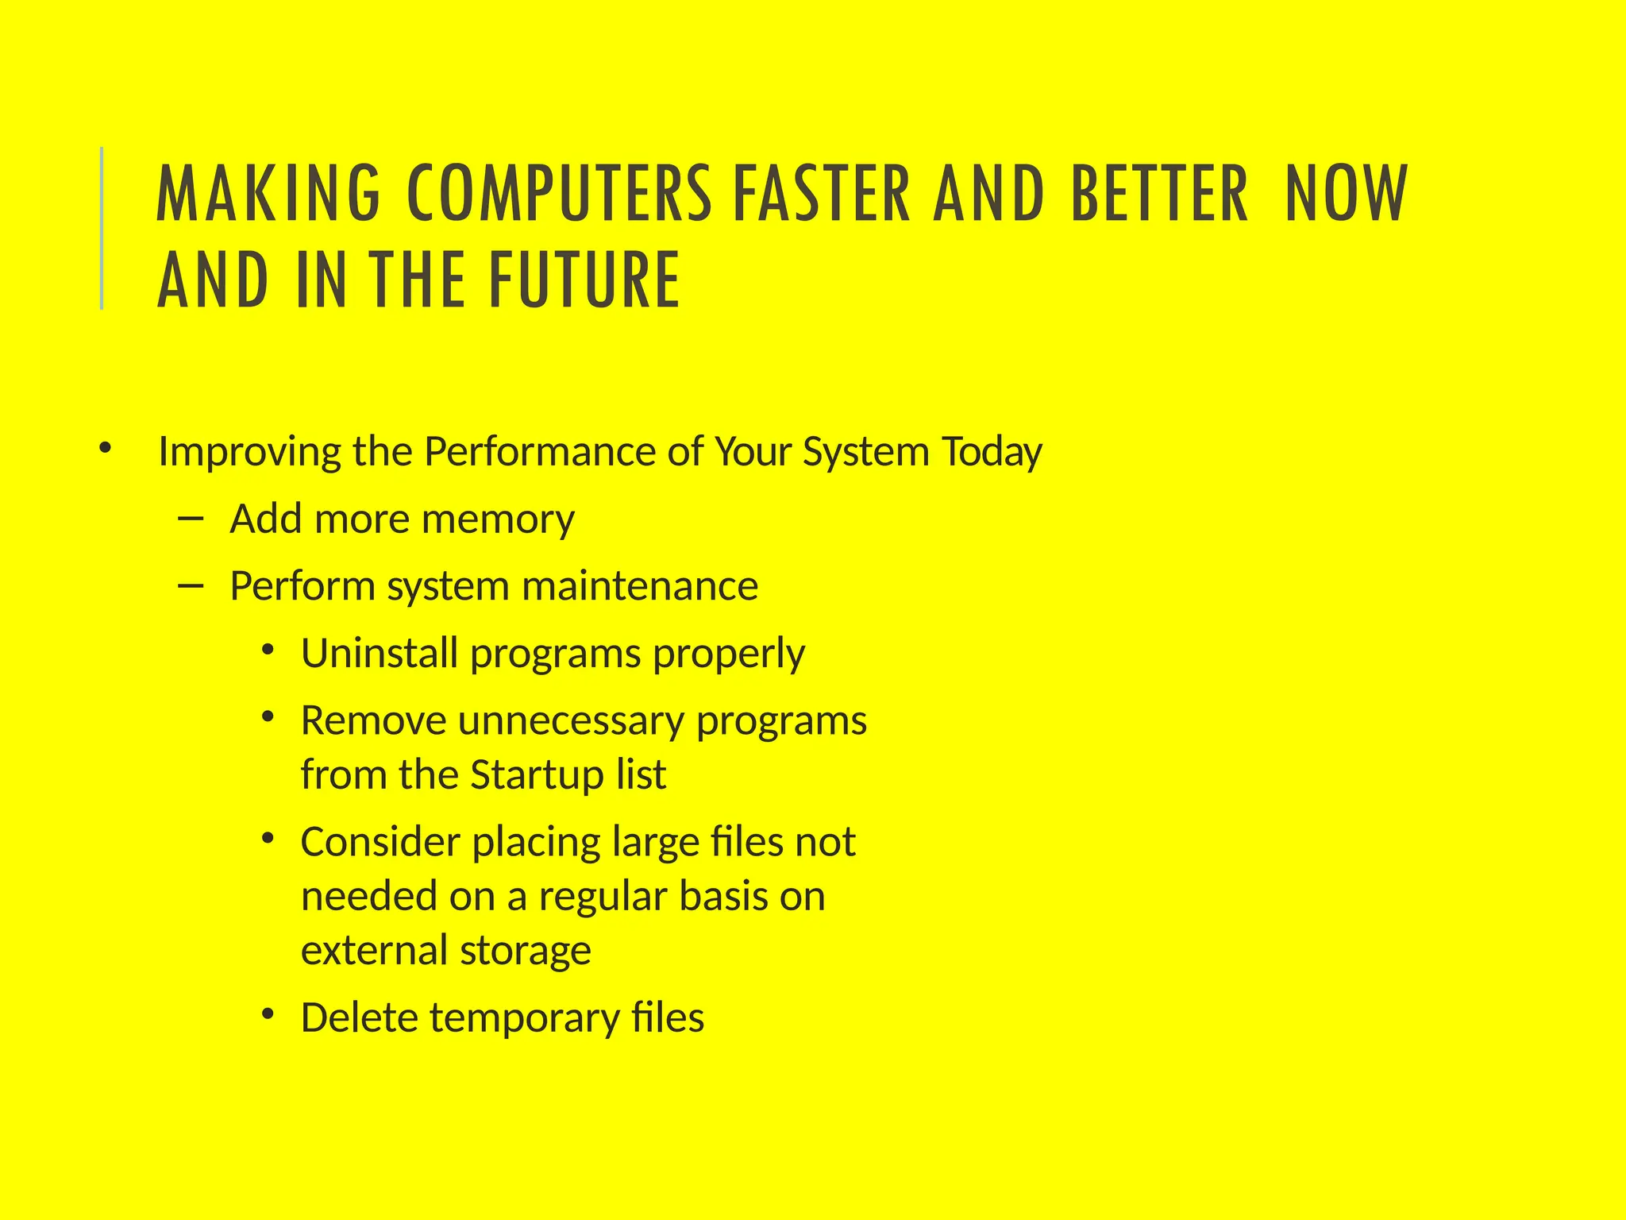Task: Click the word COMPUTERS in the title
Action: [559, 193]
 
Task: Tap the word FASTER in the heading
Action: [821, 193]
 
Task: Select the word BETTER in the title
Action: [1160, 193]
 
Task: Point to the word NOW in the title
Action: [1347, 193]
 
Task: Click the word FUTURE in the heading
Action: [584, 279]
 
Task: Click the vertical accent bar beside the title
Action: [102, 228]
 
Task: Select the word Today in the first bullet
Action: [992, 452]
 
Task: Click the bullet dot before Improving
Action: [105, 450]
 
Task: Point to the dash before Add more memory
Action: [191, 519]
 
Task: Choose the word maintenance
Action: [640, 587]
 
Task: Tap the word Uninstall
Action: [380, 654]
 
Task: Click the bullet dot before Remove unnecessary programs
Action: [268, 718]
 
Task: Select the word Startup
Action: [536, 774]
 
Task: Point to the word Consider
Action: [381, 842]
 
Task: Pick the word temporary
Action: [524, 1018]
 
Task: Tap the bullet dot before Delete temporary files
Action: [268, 1014]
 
